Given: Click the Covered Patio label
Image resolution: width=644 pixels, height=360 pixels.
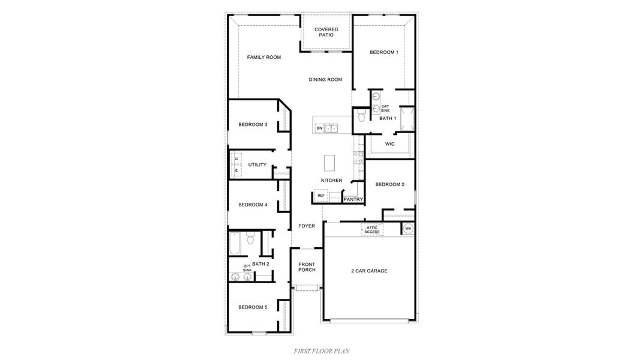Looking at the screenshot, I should [326, 32].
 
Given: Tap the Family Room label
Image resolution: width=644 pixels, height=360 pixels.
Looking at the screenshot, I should [264, 58].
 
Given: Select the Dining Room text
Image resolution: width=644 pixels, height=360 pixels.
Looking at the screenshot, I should [325, 80].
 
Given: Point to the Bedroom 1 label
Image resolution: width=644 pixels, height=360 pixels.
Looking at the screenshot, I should [384, 53].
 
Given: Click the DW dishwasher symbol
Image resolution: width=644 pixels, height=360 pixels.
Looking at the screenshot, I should [319, 128].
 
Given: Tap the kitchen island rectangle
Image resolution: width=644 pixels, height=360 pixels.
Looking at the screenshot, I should [330, 163].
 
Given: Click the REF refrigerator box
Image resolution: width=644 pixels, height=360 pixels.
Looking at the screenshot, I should [320, 196].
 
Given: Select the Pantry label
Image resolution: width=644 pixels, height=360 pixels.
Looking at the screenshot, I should [353, 200].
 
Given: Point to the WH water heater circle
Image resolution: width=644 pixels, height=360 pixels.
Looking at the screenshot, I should [408, 229].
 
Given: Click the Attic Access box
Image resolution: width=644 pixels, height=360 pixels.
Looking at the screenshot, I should [372, 229].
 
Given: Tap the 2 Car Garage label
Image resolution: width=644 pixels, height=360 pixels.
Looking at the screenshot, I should [369, 271].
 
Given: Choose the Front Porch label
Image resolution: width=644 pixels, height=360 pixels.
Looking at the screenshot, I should [307, 267].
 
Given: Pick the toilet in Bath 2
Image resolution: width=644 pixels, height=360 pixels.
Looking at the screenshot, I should [251, 239].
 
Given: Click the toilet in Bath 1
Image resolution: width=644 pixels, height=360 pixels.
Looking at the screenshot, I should [361, 116].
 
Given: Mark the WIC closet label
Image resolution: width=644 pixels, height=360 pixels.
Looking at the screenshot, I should [390, 144].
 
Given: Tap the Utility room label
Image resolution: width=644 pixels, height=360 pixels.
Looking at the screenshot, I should [257, 165].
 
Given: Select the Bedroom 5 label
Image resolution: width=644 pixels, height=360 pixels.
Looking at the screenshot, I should [253, 307].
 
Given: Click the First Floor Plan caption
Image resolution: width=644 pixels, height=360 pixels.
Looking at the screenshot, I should [322, 351].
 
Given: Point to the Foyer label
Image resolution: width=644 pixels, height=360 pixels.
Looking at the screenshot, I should [307, 226].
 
